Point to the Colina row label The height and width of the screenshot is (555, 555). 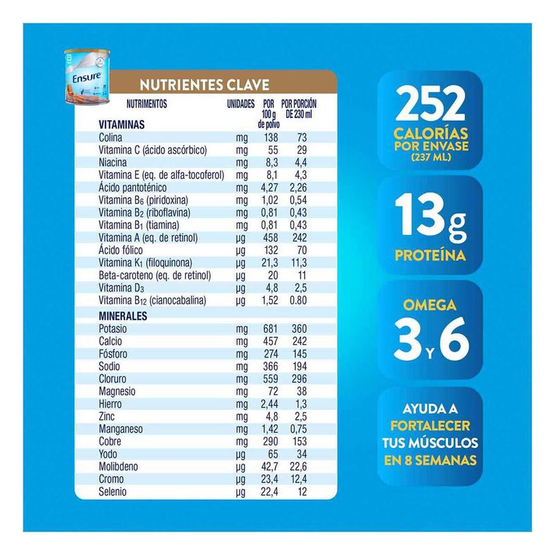pyautogui.click(x=111, y=138)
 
